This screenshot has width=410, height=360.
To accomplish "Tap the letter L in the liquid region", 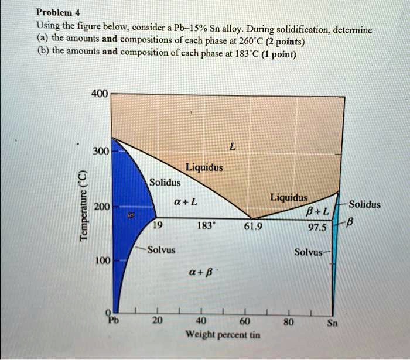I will (x=233, y=150).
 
